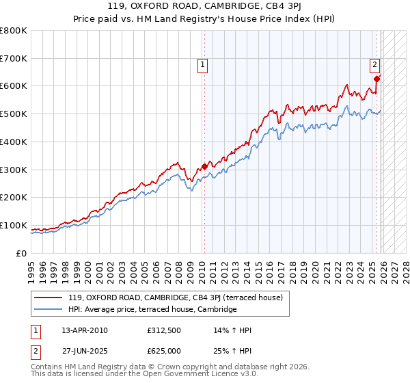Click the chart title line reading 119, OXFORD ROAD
[204, 8]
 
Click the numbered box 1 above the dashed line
[204, 66]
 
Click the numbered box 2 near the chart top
[375, 66]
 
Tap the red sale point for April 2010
[204, 166]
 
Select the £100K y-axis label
[15, 225]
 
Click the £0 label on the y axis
[22, 253]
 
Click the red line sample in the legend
[49, 298]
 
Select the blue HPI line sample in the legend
[49, 309]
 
